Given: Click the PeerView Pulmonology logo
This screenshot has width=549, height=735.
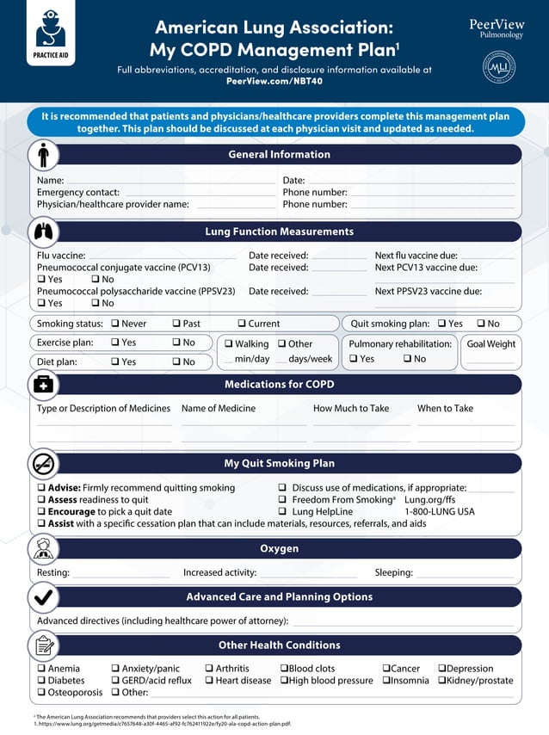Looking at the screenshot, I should pos(497,29).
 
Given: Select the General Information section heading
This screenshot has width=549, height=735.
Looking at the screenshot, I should pos(279,155).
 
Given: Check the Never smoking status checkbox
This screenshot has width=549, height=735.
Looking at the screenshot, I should pos(114,324).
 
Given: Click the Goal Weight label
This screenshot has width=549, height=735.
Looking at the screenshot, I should pos(490,344).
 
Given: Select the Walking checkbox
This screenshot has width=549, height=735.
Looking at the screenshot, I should pos(229,344).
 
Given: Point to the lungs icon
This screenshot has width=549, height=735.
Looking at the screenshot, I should pos(43,232).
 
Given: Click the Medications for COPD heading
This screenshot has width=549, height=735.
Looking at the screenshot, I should pos(279,385).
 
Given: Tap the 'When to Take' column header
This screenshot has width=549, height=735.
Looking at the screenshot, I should pos(445,409).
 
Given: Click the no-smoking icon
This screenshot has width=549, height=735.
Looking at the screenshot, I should pos(43,464).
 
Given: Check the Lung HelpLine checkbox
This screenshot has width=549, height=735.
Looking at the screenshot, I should pos(283,512).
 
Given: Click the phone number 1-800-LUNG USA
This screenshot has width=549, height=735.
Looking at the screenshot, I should pos(439,512).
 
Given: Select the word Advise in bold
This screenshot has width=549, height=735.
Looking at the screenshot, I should pos(64,488).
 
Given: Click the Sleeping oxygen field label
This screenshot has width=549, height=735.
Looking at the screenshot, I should pos(393,573).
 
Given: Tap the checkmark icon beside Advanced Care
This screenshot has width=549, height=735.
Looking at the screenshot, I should pos(43,597).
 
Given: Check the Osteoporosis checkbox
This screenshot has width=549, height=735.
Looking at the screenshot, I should pos(41,693).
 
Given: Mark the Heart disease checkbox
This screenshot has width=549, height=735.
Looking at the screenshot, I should pos(209,681).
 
